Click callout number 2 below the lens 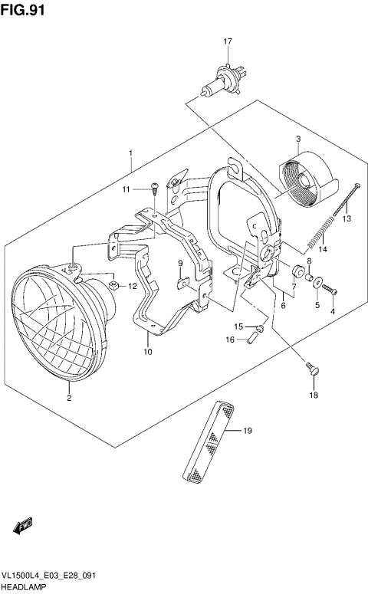[68, 398]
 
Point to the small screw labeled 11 [154, 187]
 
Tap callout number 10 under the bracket [147, 352]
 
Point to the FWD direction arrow [22, 527]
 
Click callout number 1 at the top [131, 153]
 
